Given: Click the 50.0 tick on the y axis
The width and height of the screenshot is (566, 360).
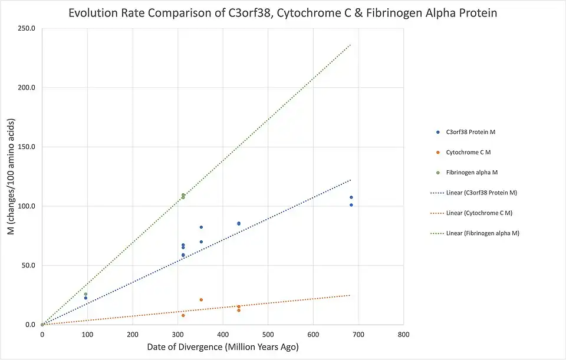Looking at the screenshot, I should click(x=30, y=265).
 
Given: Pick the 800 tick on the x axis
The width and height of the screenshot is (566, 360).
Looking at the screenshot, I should click(x=403, y=335).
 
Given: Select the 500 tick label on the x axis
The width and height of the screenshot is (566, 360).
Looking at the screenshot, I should click(x=268, y=335).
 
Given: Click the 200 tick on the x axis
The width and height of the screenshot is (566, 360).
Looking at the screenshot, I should click(x=132, y=335).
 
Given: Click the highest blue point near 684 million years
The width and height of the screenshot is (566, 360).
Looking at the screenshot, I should click(x=351, y=197).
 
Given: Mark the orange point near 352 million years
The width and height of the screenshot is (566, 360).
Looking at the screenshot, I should click(x=201, y=300).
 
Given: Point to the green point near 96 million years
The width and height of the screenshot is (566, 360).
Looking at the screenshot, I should click(x=85, y=294).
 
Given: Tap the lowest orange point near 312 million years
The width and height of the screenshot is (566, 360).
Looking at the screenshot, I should click(x=183, y=315).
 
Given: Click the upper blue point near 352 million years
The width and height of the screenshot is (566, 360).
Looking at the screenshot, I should click(x=201, y=227).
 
